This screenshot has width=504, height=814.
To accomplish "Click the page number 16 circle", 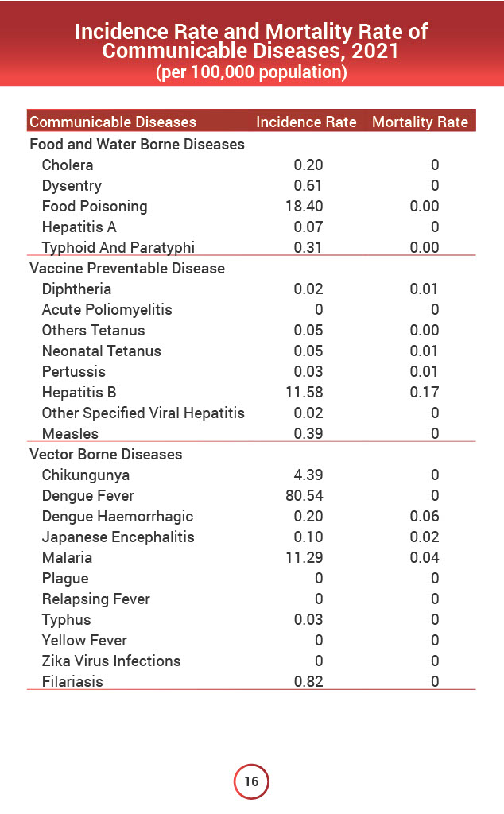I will [x=251, y=781].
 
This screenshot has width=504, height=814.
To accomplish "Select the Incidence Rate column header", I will [x=306, y=122].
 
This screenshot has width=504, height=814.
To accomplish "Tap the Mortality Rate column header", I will [x=420, y=122].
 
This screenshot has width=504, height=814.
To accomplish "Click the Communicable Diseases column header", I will [x=112, y=122].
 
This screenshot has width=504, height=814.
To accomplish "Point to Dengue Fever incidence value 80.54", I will [x=304, y=496].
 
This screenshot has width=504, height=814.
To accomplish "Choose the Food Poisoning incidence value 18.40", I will [x=304, y=207].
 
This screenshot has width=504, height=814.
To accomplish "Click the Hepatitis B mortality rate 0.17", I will [x=425, y=393].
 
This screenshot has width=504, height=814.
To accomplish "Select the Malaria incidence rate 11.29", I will [x=304, y=558].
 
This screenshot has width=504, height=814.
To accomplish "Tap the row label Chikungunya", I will [x=86, y=475].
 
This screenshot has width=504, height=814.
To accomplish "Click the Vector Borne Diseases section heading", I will [x=106, y=455].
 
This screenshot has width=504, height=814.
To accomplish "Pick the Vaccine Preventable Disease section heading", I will [x=127, y=269].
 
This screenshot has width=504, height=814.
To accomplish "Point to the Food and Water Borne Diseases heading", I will [x=137, y=145].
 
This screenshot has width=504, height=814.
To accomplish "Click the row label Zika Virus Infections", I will [x=111, y=661].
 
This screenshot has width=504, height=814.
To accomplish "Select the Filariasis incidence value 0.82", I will [x=308, y=682].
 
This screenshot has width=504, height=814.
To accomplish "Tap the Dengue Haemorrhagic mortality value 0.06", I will [x=425, y=517].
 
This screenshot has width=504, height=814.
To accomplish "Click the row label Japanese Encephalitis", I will [x=118, y=537].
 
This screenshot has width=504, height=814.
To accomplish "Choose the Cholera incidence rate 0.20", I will [x=308, y=165].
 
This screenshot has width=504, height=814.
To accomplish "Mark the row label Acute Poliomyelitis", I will [x=107, y=310].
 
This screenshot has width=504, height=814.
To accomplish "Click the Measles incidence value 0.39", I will [x=308, y=434].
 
